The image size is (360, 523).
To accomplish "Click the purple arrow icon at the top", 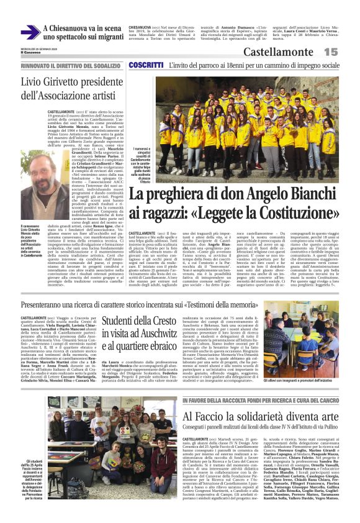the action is [30, 32].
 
